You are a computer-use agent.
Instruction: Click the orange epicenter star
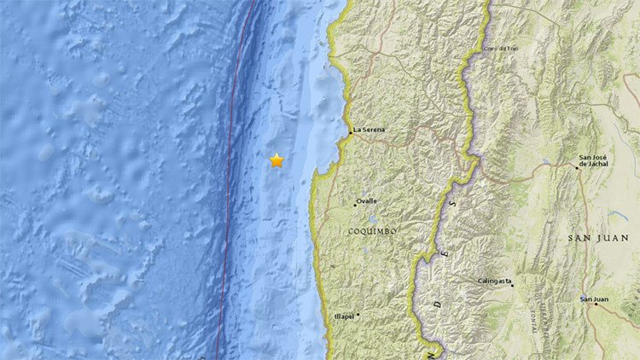click(x=276, y=160)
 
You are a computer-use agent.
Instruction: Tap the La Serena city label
click(x=371, y=130)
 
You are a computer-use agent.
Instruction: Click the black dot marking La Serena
click(x=352, y=132)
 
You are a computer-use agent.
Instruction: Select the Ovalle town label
click(x=368, y=201)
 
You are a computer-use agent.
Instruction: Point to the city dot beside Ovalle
click(x=355, y=204)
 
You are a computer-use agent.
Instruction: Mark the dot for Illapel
click(x=358, y=314)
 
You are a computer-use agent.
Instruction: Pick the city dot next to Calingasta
click(x=512, y=285)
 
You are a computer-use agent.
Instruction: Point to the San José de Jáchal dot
click(x=576, y=167)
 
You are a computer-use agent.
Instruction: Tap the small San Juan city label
click(x=595, y=299)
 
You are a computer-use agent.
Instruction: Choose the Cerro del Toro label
click(x=501, y=48)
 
